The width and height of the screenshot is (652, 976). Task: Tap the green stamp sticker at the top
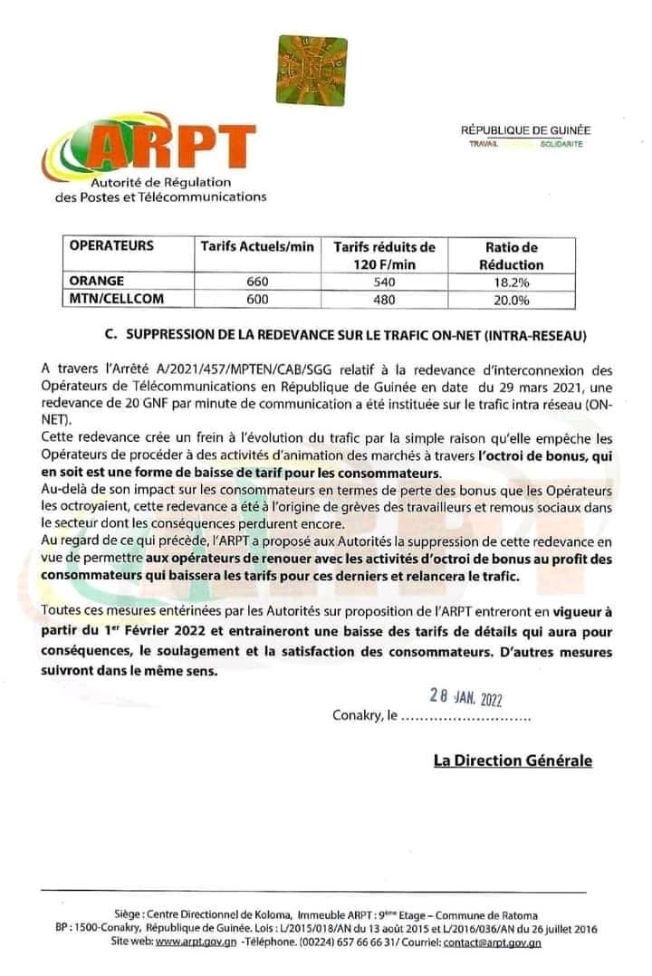coord(312,70)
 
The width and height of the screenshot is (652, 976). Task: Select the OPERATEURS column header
coord(112,245)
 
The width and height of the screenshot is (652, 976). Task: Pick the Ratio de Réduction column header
coord(512,255)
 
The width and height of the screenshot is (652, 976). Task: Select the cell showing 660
coord(257,282)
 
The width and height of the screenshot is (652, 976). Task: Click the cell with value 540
coord(384,282)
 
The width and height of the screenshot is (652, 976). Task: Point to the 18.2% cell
coord(512,282)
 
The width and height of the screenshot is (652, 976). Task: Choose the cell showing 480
coord(384,299)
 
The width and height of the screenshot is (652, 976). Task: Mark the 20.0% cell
coord(512,299)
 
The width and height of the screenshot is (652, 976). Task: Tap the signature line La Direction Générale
coord(513,761)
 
